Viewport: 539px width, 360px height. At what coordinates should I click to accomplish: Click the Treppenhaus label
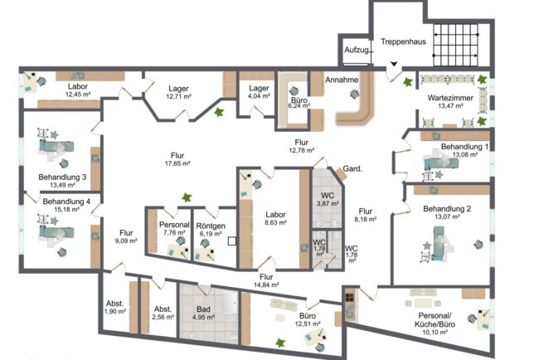pyautogui.click(x=403, y=41)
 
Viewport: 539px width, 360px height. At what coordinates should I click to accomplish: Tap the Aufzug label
pyautogui.click(x=357, y=51)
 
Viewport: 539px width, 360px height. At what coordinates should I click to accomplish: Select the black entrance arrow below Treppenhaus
pyautogui.click(x=394, y=64)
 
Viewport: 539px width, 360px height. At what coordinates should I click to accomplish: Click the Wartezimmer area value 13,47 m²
pyautogui.click(x=450, y=106)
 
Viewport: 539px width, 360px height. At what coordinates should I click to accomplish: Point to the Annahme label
pyautogui.click(x=342, y=80)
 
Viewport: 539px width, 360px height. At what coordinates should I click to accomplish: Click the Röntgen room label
pyautogui.click(x=211, y=226)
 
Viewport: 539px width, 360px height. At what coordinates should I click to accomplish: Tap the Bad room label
pyautogui.click(x=203, y=309)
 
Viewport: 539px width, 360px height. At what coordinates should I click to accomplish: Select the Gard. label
pyautogui.click(x=352, y=169)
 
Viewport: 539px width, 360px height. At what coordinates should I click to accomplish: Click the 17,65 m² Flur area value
pyautogui.click(x=177, y=163)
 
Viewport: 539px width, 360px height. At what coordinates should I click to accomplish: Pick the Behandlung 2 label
pyautogui.click(x=447, y=209)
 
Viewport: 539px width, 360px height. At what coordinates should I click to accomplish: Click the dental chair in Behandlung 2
pyautogui.click(x=442, y=243)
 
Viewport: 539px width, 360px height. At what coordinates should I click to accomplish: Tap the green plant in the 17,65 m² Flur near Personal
pyautogui.click(x=187, y=197)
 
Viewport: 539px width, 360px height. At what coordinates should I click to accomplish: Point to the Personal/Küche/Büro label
pyautogui.click(x=435, y=320)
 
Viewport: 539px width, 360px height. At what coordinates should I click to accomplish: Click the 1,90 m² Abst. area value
pyautogui.click(x=115, y=312)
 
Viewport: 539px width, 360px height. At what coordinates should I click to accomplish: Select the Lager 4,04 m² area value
pyautogui.click(x=259, y=96)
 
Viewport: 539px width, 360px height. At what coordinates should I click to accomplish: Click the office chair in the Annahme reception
pyautogui.click(x=354, y=94)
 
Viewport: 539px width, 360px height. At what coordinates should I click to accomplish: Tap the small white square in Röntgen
pyautogui.click(x=232, y=241)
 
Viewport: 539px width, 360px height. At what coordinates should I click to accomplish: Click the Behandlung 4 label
pyautogui.click(x=66, y=201)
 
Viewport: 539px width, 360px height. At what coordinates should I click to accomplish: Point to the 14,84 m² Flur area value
pyautogui.click(x=266, y=285)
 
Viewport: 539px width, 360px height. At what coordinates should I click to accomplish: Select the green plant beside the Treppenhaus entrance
pyautogui.click(x=408, y=82)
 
